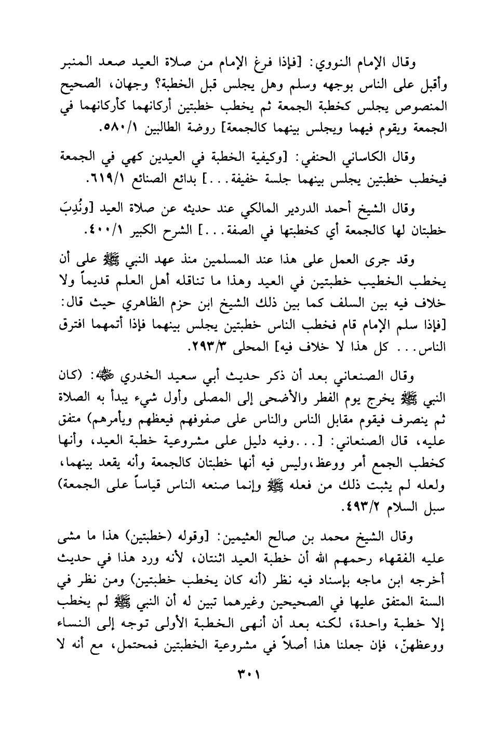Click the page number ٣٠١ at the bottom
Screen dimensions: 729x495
point(248,676)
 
